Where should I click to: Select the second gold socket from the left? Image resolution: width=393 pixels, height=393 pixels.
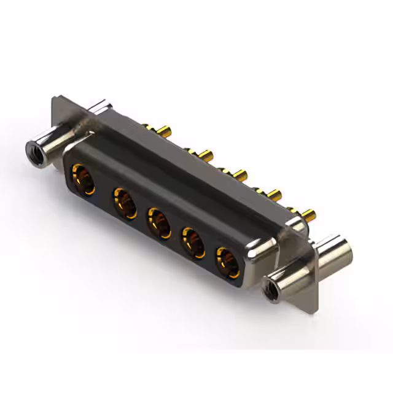pyautogui.click(x=124, y=202)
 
